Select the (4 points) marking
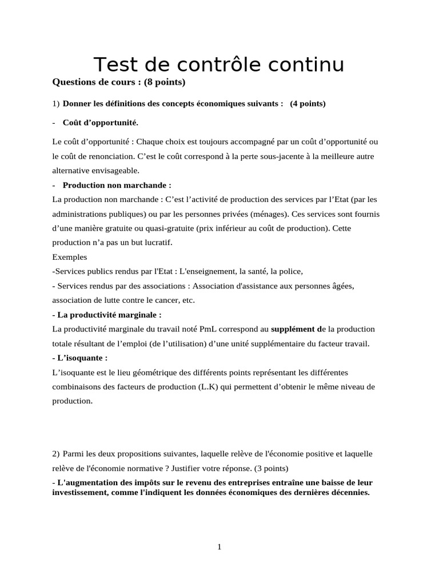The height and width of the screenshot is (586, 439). tap(308, 104)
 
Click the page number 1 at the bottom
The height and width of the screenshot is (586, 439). tap(219, 547)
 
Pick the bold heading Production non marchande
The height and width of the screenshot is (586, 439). tap(117, 185)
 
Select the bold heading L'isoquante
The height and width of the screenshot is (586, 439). tap(82, 358)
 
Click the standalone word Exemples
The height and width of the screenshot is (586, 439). tap(70, 257)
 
